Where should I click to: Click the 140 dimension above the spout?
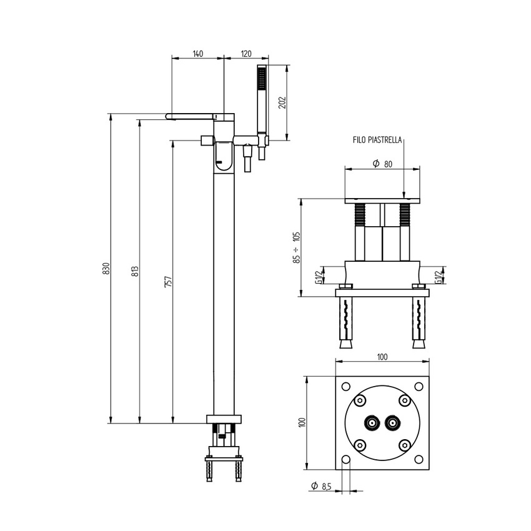(197, 54)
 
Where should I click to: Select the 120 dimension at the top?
(246, 54)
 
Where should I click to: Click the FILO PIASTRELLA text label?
(377, 141)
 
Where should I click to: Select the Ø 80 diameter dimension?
(382, 164)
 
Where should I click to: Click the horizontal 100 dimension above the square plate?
(382, 357)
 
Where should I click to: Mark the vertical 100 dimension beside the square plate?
(301, 422)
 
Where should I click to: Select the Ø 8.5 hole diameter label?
(323, 485)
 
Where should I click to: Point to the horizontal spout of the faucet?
(194, 116)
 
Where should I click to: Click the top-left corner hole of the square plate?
(345, 385)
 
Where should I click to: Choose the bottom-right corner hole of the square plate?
(419, 460)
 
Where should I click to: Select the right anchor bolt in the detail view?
(419, 322)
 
